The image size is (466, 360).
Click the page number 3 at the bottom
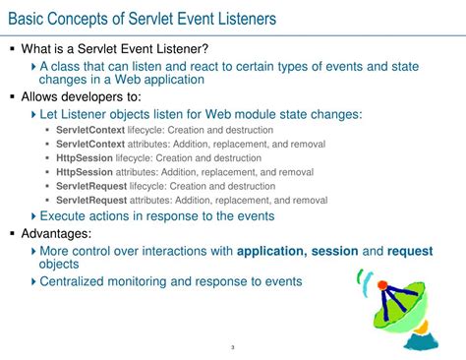(231, 347)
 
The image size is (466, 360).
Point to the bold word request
(411, 251)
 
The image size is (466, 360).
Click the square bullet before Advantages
(12, 234)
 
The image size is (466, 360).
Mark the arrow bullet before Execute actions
(32, 215)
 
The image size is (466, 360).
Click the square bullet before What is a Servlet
(12, 49)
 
